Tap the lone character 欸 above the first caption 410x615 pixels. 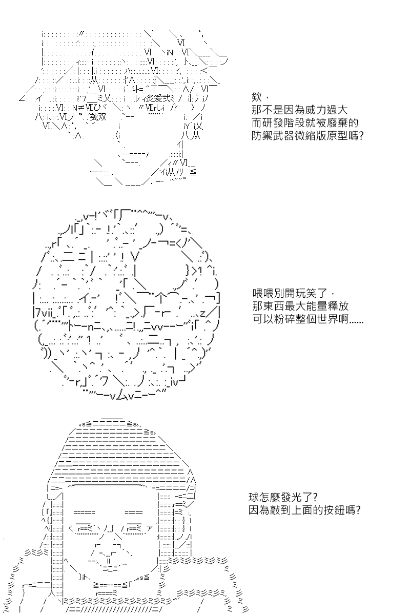point(256,97)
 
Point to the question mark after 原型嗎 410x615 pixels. point(361,136)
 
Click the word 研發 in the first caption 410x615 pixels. point(273,123)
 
